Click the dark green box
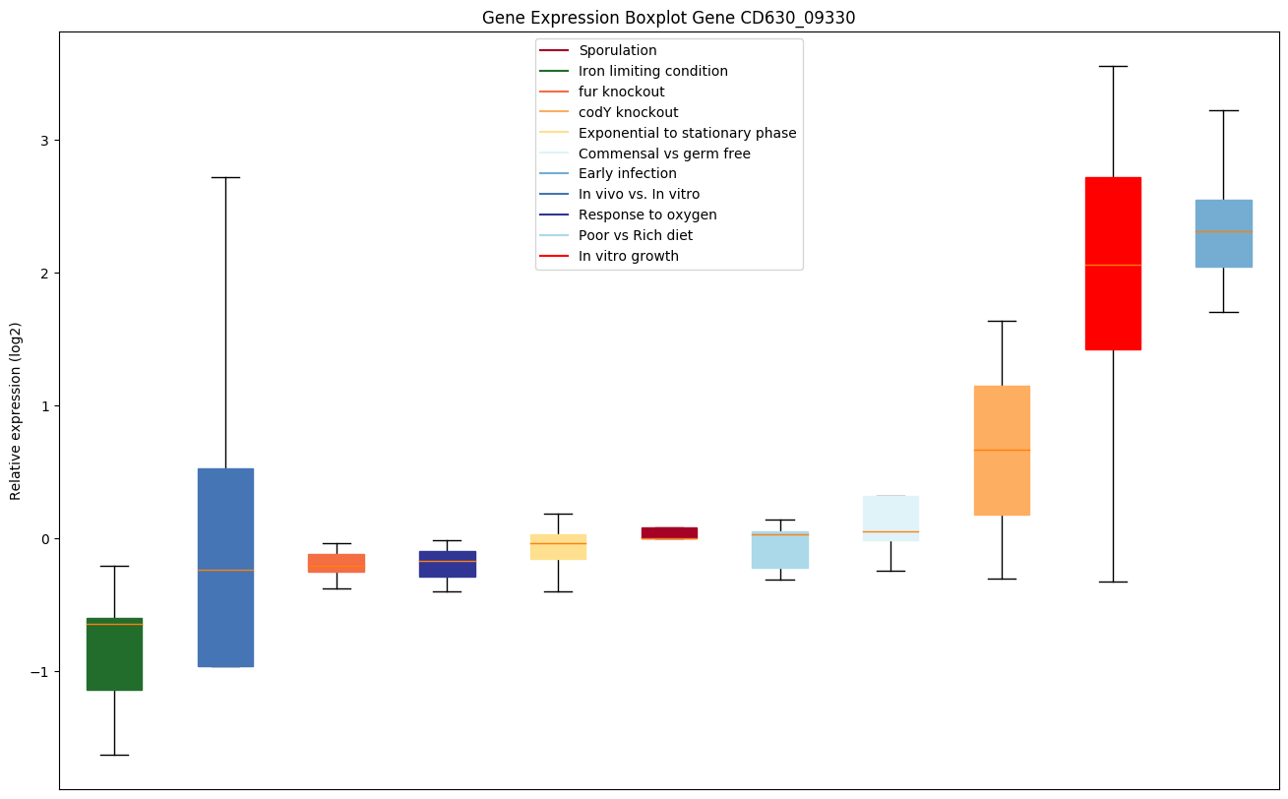pos(114,654)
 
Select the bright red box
pos(1113,264)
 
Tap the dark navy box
pos(448,564)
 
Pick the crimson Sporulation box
pos(669,532)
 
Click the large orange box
pos(1002,450)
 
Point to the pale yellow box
pos(558,547)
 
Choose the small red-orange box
pos(337,563)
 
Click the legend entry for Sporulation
pos(617,50)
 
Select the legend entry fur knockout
pos(621,92)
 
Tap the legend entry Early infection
pos(627,174)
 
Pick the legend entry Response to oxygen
pos(646,215)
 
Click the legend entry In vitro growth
pos(628,256)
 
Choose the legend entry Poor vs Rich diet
pos(635,235)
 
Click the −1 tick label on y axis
pos(39,671)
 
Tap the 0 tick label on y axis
pos(43,539)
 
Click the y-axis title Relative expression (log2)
pos(16,410)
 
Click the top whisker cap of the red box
pos(1113,66)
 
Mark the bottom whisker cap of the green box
pos(114,755)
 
